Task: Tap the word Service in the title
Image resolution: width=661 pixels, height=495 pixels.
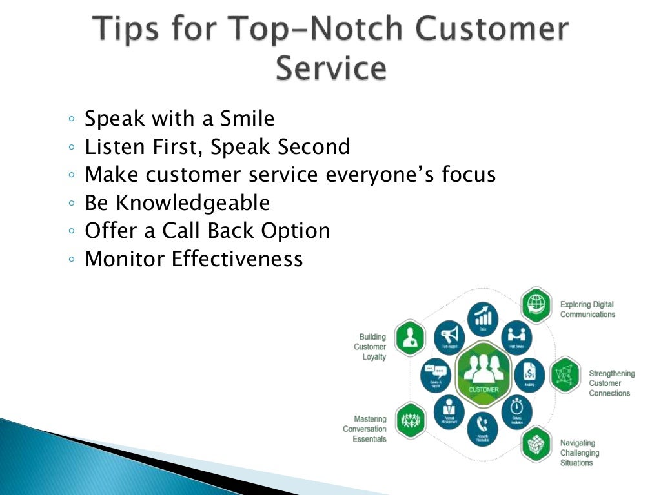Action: pos(330,69)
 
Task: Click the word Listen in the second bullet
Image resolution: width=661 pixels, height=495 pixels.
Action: pos(114,147)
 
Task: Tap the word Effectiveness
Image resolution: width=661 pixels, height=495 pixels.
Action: pos(237,259)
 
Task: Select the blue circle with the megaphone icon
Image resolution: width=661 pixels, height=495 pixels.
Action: pos(449,336)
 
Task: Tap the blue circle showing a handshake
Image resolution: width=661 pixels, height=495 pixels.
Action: pos(516,336)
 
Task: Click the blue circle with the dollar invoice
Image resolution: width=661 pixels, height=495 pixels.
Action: pos(529,373)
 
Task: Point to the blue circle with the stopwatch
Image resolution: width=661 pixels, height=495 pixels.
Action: pos(516,410)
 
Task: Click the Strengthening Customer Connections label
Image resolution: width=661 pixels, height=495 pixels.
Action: pos(611,383)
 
